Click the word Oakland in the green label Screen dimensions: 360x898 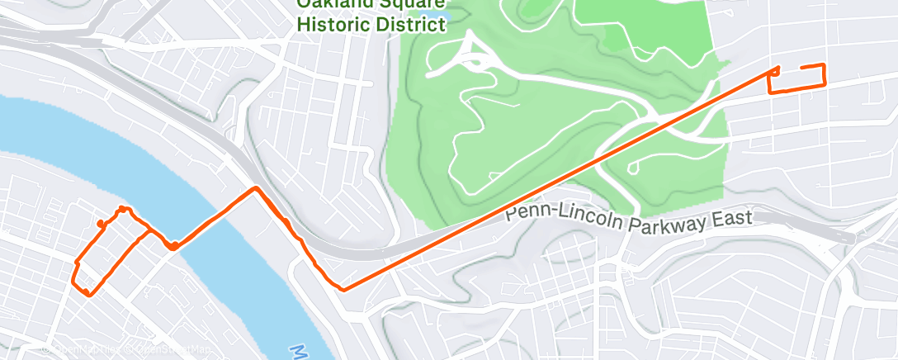tap(333, 4)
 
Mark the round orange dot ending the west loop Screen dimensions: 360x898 tap(100, 223)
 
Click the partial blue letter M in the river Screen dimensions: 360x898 tap(298, 352)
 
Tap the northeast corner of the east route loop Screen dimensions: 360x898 tap(824, 65)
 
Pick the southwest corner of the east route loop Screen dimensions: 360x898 tap(771, 92)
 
